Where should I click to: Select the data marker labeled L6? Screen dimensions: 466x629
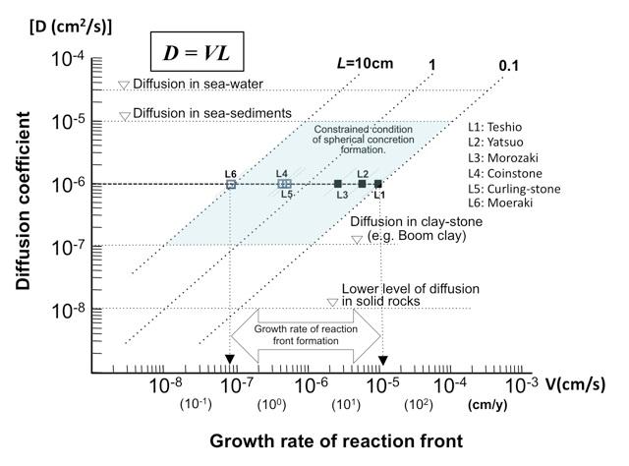coord(231,184)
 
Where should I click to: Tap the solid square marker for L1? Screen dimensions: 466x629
coord(378,184)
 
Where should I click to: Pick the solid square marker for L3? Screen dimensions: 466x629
coord(338,184)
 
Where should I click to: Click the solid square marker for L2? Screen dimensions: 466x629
coord(362,184)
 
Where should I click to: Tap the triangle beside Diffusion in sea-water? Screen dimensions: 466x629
coord(124,86)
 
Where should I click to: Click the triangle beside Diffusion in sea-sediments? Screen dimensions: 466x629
coord(124,116)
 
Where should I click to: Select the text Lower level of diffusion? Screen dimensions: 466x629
coord(410,288)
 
